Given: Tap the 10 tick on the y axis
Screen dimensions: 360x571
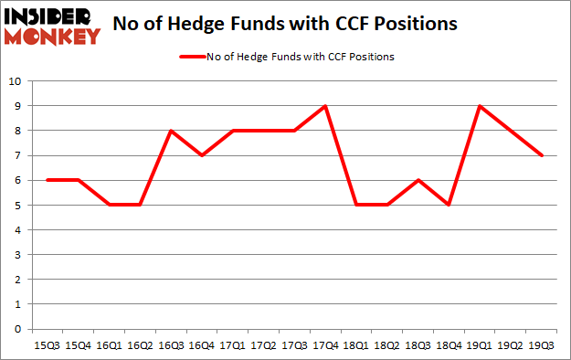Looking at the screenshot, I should pos(15,81).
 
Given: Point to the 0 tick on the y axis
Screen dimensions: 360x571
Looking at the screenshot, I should pos(17,329).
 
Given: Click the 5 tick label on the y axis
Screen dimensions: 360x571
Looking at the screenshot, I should pos(17,206).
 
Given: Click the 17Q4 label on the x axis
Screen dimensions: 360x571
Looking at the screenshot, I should pos(325,345).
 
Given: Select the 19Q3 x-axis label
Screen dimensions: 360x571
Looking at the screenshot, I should pos(542,345).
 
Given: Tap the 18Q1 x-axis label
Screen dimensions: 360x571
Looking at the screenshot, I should pos(356,345).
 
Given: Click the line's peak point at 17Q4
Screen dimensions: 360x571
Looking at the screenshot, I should pos(325,106).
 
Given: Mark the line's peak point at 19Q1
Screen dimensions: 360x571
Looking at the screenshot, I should pos(480,106).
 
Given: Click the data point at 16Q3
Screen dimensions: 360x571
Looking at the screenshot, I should pos(171,131).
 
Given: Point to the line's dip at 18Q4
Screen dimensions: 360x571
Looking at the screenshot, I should pos(449,205).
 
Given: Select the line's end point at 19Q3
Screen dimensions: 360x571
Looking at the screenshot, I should pos(542,155).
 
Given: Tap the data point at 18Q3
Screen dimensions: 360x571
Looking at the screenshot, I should pos(418,180).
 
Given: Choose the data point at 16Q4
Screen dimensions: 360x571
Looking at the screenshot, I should pos(202,155).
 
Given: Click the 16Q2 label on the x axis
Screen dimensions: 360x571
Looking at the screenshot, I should pos(140,345).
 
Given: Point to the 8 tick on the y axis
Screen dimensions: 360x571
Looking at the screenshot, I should pos(17,131).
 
